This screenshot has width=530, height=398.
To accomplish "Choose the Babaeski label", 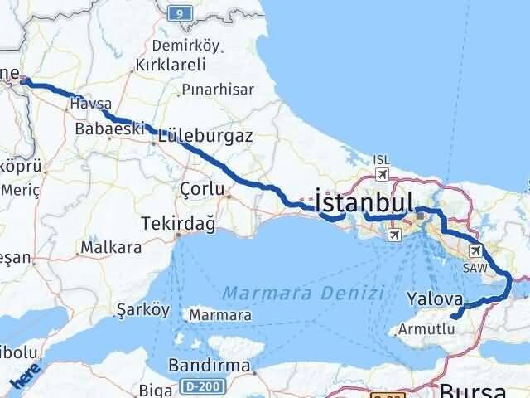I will pyautogui.click(x=109, y=129).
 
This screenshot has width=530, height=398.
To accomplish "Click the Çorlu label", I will pyautogui.click(x=202, y=190).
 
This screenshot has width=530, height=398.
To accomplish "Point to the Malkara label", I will pyautogui.click(x=110, y=247).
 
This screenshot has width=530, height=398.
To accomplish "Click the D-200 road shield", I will pyautogui.click(x=195, y=386).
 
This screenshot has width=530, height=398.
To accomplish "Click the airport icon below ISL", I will pyautogui.click(x=381, y=174).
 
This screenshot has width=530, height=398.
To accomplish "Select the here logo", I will pyautogui.click(x=24, y=378).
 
